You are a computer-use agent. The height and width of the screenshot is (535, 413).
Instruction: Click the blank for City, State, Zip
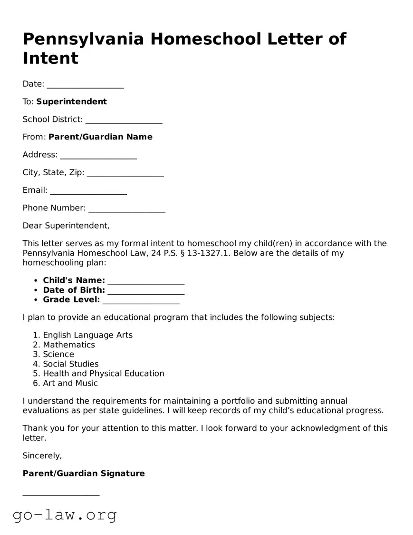[125, 174]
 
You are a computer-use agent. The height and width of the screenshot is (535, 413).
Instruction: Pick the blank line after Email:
[88, 191]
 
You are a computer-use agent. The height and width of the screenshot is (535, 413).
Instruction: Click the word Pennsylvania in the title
[83, 39]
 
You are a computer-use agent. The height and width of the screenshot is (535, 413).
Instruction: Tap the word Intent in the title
[50, 58]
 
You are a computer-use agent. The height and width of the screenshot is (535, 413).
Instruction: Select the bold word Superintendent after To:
[71, 101]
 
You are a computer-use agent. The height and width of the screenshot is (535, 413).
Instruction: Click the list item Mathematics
[69, 345]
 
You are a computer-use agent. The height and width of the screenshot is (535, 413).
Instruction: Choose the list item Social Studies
[71, 364]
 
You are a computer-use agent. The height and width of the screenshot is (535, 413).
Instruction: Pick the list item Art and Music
[70, 383]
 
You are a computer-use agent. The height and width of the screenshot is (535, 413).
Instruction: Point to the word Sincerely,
[42, 456]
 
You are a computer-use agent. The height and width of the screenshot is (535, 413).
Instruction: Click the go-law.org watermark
[65, 515]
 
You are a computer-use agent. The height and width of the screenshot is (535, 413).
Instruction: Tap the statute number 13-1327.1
[208, 253]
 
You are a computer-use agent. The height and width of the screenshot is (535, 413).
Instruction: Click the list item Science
[58, 354]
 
